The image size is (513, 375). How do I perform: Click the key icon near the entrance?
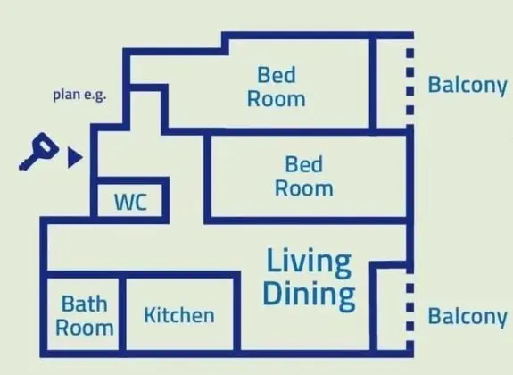(39, 151)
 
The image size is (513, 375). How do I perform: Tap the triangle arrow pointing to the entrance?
(74, 157)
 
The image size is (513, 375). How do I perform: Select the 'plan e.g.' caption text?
(79, 95)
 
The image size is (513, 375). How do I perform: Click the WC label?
(130, 202)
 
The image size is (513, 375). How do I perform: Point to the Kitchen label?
(179, 315)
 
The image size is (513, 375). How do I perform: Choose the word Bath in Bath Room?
(85, 304)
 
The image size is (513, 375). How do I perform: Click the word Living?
(309, 262)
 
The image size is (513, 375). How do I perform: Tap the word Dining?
(310, 294)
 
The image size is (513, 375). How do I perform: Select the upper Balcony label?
(467, 86)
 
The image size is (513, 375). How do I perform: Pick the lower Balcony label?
(467, 317)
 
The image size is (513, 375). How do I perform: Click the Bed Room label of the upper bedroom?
(277, 87)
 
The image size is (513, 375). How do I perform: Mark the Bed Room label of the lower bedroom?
(304, 176)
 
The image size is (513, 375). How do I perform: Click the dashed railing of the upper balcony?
(410, 82)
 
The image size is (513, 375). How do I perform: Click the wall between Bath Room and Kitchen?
(122, 313)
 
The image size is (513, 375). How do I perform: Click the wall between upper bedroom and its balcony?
(373, 84)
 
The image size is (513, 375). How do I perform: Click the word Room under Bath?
(85, 328)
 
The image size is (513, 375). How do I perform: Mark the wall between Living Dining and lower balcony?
(373, 306)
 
